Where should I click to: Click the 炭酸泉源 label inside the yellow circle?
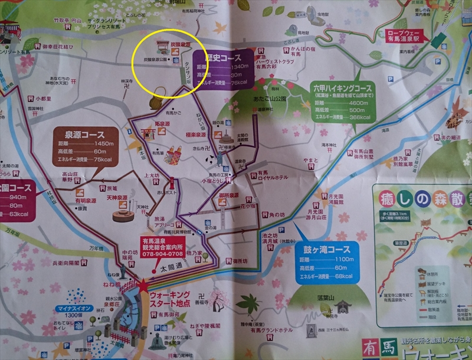click(179, 44)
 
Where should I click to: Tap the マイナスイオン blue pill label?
click(73, 308)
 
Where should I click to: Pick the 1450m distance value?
click(99, 143)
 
